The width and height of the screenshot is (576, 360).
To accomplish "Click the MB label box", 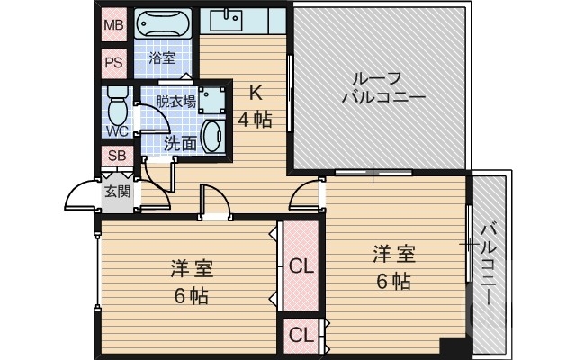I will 113,25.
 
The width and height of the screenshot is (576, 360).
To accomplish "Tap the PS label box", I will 113,63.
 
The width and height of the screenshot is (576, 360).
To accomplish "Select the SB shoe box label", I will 118,156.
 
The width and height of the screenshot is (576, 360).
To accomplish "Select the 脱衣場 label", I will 175,101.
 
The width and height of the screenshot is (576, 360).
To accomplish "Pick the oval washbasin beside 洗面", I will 213,137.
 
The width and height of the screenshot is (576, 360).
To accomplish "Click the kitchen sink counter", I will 242,21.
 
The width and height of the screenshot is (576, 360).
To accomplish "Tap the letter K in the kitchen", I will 255,92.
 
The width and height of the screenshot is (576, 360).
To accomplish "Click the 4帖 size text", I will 255,119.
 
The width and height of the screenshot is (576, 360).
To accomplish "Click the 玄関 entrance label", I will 117,191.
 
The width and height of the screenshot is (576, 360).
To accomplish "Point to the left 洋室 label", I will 191,268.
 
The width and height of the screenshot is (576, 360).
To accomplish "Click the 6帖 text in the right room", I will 393,281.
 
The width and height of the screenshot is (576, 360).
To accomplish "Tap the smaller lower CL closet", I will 301,336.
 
